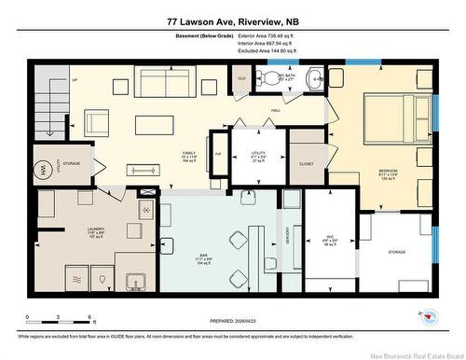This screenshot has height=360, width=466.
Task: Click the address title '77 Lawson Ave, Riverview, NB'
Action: [233, 21]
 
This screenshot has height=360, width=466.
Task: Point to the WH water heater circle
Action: [42, 170]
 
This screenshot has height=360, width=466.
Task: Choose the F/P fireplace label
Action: [218, 154]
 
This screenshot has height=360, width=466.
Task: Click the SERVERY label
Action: [289, 241]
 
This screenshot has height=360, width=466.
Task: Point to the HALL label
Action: [276, 110]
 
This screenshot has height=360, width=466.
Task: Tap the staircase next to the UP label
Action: [46, 99]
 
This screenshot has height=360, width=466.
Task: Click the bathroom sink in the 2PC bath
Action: [315, 78]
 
